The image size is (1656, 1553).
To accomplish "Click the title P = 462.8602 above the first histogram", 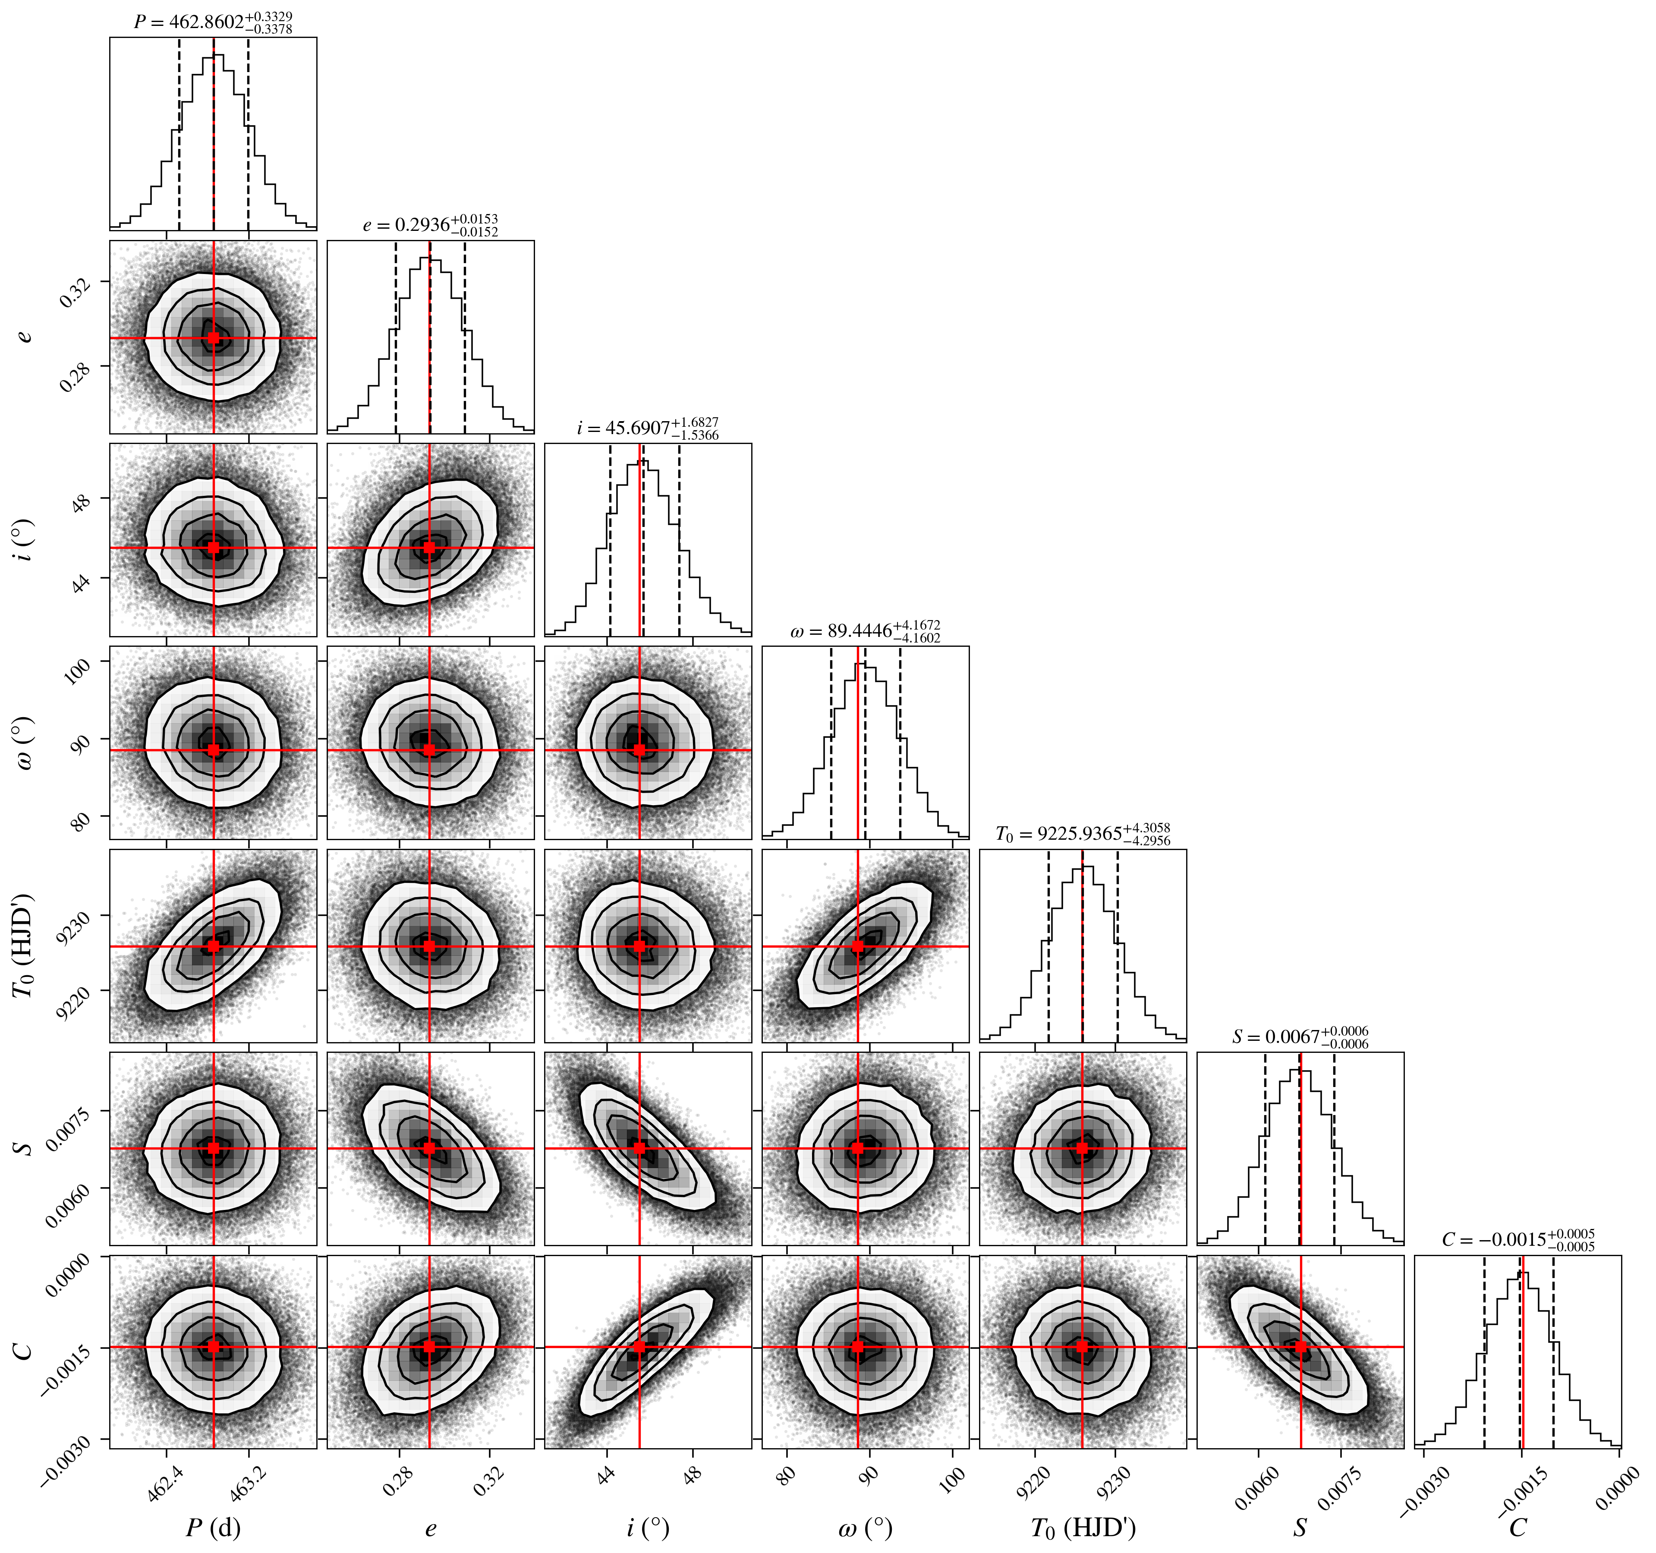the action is coord(213,22).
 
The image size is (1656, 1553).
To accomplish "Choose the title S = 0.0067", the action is coord(1300,1037).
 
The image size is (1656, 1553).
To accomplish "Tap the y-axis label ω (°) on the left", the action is coord(25,742).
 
